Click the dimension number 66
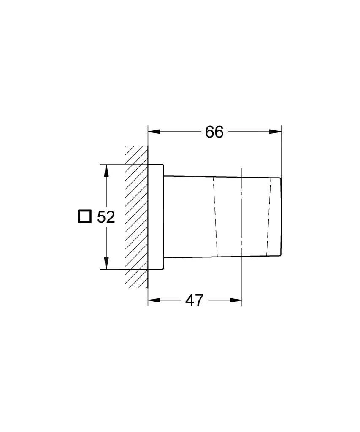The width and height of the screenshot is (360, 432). point(214,132)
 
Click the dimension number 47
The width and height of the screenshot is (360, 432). point(194,300)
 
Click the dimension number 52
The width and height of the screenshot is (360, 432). point(106,217)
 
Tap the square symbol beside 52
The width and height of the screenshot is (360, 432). point(84,216)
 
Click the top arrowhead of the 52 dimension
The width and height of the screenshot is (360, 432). point(106,170)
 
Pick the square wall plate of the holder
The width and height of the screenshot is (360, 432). point(155,216)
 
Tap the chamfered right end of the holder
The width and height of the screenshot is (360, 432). point(280,216)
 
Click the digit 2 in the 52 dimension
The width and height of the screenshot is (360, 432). point(111,217)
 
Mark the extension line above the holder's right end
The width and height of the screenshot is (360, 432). point(282,152)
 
